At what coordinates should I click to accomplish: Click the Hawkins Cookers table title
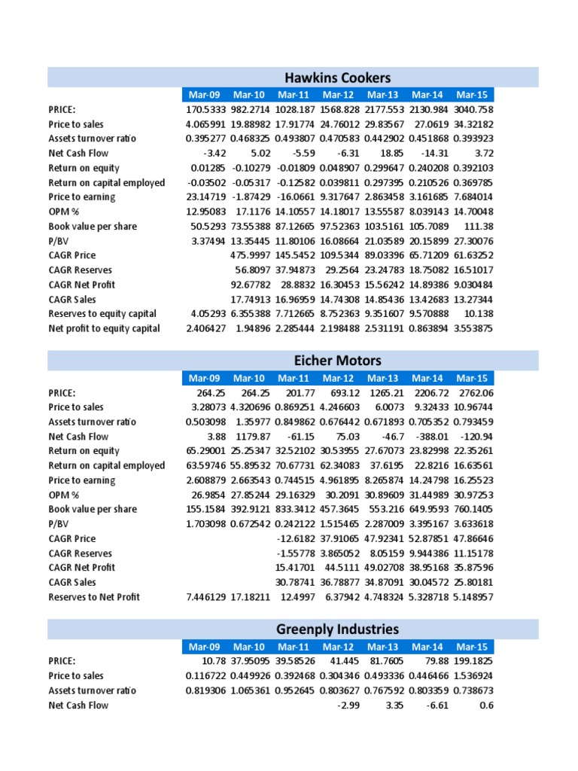(x=338, y=78)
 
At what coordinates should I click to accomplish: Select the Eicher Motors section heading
(x=338, y=360)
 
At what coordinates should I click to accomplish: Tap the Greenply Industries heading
(x=338, y=629)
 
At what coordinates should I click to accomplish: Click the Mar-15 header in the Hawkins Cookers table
(x=471, y=95)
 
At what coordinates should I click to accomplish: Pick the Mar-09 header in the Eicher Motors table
(x=204, y=378)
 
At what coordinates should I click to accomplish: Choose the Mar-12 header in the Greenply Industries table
(x=338, y=647)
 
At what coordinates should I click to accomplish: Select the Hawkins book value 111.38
(x=478, y=226)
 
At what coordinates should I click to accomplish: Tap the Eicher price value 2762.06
(x=476, y=393)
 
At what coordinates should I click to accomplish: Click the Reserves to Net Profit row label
(x=94, y=597)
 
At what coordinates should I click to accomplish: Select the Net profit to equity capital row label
(x=104, y=328)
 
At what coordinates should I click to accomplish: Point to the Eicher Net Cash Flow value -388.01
(x=431, y=437)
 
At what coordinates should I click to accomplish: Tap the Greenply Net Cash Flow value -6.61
(x=437, y=705)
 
